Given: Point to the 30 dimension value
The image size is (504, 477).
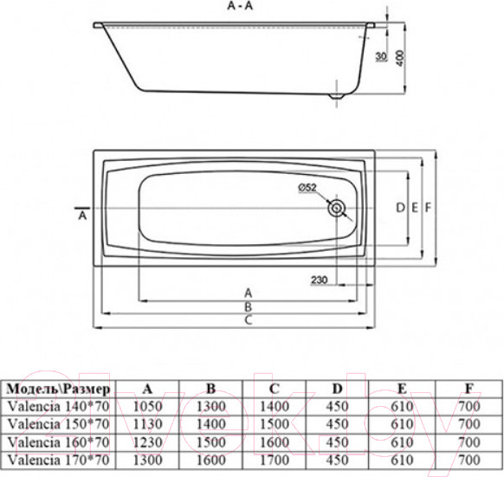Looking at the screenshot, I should (381, 59).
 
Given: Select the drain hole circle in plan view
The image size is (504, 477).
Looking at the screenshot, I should (336, 208).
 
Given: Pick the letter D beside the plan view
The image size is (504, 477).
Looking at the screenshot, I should (400, 208).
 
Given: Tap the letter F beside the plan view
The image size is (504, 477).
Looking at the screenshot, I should (429, 208).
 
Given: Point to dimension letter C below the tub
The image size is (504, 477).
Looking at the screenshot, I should (248, 320).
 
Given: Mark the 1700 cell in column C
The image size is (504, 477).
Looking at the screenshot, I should (274, 460).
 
